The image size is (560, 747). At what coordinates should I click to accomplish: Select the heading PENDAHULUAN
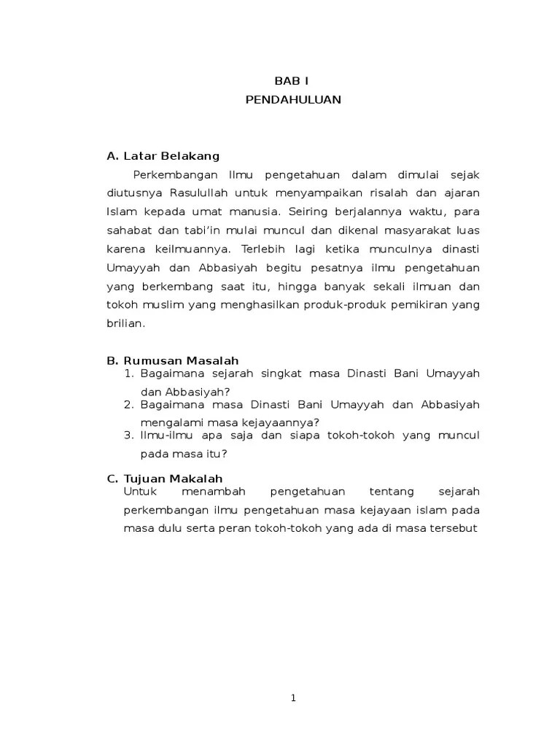(x=293, y=100)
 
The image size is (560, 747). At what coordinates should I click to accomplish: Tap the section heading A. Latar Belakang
(x=163, y=156)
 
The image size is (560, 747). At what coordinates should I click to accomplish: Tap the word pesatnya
(x=316, y=268)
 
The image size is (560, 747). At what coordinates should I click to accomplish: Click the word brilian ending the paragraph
(x=125, y=324)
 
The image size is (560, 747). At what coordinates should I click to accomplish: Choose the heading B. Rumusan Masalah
(x=172, y=360)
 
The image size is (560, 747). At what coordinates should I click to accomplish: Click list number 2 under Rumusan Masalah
(x=128, y=404)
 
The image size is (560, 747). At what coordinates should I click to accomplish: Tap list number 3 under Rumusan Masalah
(x=128, y=435)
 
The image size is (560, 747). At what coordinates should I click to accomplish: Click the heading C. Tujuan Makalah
(x=164, y=479)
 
